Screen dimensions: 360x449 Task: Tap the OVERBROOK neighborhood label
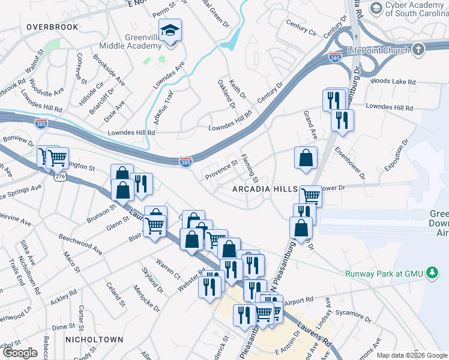coord(52,28)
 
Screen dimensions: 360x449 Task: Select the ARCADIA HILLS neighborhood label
coord(265,189)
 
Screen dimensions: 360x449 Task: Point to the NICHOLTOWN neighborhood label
coord(95,340)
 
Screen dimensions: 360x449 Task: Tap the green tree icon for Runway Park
coord(431,274)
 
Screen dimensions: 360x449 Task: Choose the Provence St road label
coord(221,170)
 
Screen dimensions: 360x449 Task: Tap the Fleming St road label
coord(249,169)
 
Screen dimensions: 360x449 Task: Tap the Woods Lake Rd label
coord(390,80)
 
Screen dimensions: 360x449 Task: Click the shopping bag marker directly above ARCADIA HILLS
coord(306,158)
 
